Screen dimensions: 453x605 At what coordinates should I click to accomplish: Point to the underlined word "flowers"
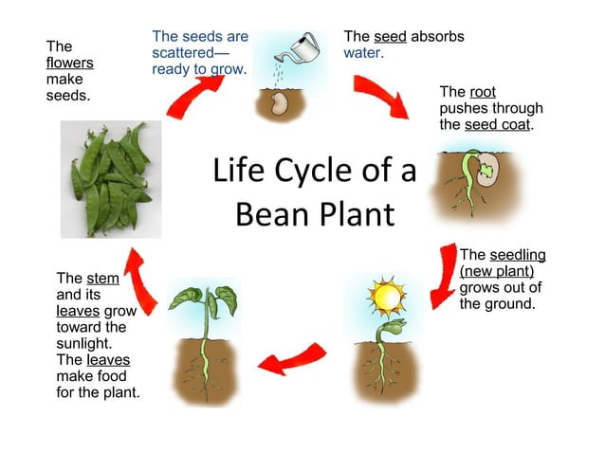(70, 63)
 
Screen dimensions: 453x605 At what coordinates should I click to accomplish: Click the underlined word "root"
(482, 92)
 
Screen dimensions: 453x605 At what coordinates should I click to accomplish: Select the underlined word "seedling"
(517, 255)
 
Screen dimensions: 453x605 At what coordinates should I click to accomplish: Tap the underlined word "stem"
(102, 279)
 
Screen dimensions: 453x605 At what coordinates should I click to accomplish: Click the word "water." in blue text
(364, 53)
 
